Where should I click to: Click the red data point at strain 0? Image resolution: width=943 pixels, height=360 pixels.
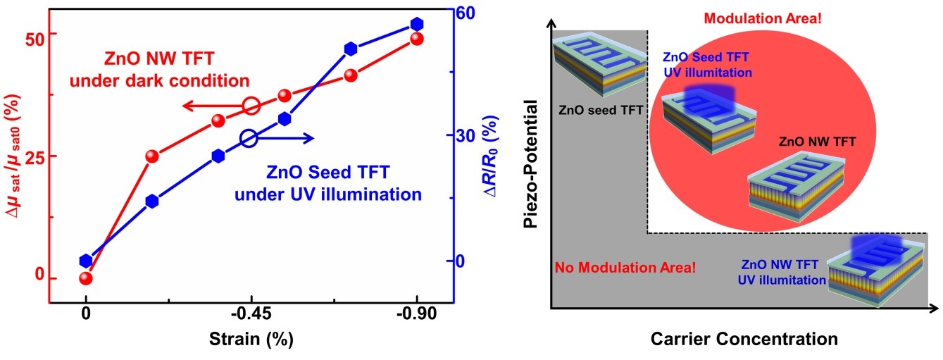pyautogui.click(x=86, y=278)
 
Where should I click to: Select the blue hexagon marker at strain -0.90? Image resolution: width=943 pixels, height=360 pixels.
pyautogui.click(x=417, y=25)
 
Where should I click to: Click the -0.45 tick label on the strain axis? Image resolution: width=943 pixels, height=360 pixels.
pyautogui.click(x=250, y=315)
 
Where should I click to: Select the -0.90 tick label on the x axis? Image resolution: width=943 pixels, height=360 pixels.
pyautogui.click(x=417, y=315)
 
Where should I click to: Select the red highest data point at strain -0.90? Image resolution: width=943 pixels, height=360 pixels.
pyautogui.click(x=417, y=39)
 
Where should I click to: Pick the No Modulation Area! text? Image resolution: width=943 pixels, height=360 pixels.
pyautogui.click(x=625, y=268)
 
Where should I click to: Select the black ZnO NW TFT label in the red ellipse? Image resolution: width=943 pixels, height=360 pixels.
pyautogui.click(x=818, y=141)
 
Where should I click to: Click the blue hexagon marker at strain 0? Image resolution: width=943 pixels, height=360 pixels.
pyautogui.click(x=86, y=261)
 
